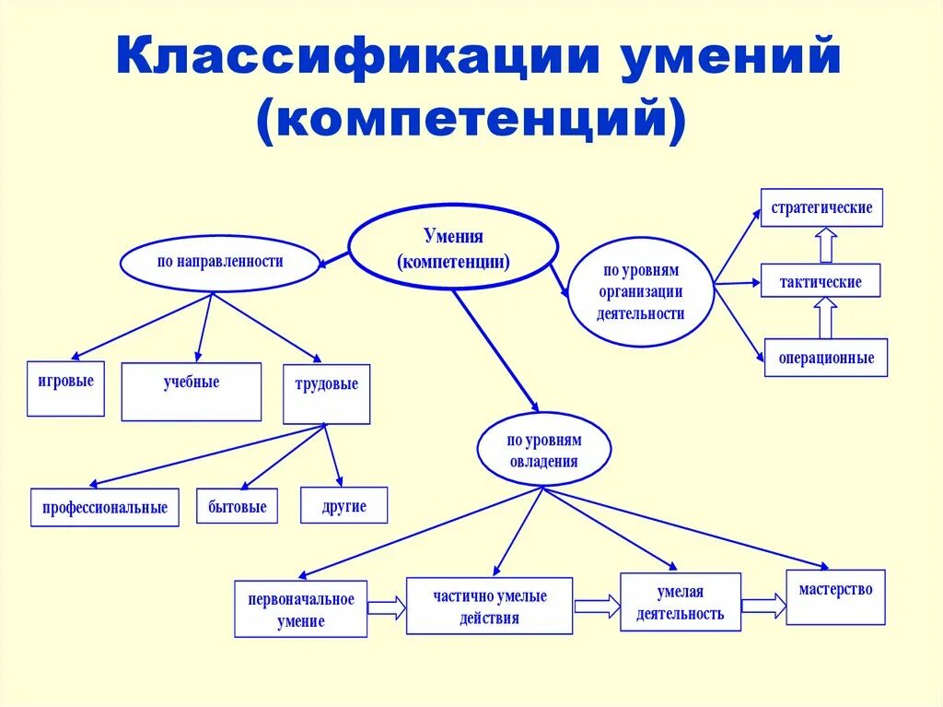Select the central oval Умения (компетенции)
pyautogui.click(x=453, y=248)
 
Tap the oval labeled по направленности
pyautogui.click(x=219, y=262)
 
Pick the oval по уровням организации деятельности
pyautogui.click(x=642, y=292)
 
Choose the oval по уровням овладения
pyautogui.click(x=543, y=451)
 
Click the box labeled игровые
pyautogui.click(x=65, y=388)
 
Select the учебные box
pyautogui.click(x=192, y=392)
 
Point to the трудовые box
pyautogui.click(x=326, y=394)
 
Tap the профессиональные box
pyautogui.click(x=104, y=507)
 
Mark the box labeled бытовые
pyautogui.click(x=237, y=506)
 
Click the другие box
pyautogui.click(x=344, y=505)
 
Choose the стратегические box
pyautogui.click(x=821, y=207)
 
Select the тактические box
pyautogui.click(x=820, y=281)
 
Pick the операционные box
pyautogui.click(x=825, y=357)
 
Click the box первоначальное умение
pyautogui.click(x=300, y=609)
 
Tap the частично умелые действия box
pyautogui.click(x=489, y=607)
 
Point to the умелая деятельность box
pyautogui.click(x=680, y=602)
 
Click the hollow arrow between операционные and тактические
pyautogui.click(x=825, y=318)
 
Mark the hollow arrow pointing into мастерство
pyautogui.click(x=763, y=606)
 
